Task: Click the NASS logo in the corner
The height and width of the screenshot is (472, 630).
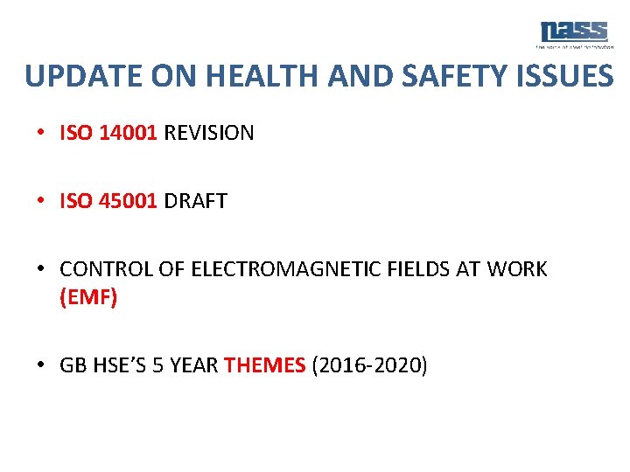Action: coord(573,33)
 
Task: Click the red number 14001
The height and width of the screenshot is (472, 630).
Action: coord(128,133)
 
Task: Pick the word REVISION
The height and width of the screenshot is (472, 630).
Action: coord(208,133)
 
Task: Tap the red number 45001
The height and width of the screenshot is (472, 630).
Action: coord(128,201)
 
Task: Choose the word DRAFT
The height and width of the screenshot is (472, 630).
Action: coord(195,201)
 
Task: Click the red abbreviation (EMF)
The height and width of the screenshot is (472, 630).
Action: coord(88,297)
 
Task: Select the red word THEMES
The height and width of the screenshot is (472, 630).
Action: coord(265,364)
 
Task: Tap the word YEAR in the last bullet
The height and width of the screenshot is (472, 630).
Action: coord(195,364)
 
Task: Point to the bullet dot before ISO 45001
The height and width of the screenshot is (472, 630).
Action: coord(42,201)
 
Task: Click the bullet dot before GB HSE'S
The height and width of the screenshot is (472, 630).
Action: coord(42,364)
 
